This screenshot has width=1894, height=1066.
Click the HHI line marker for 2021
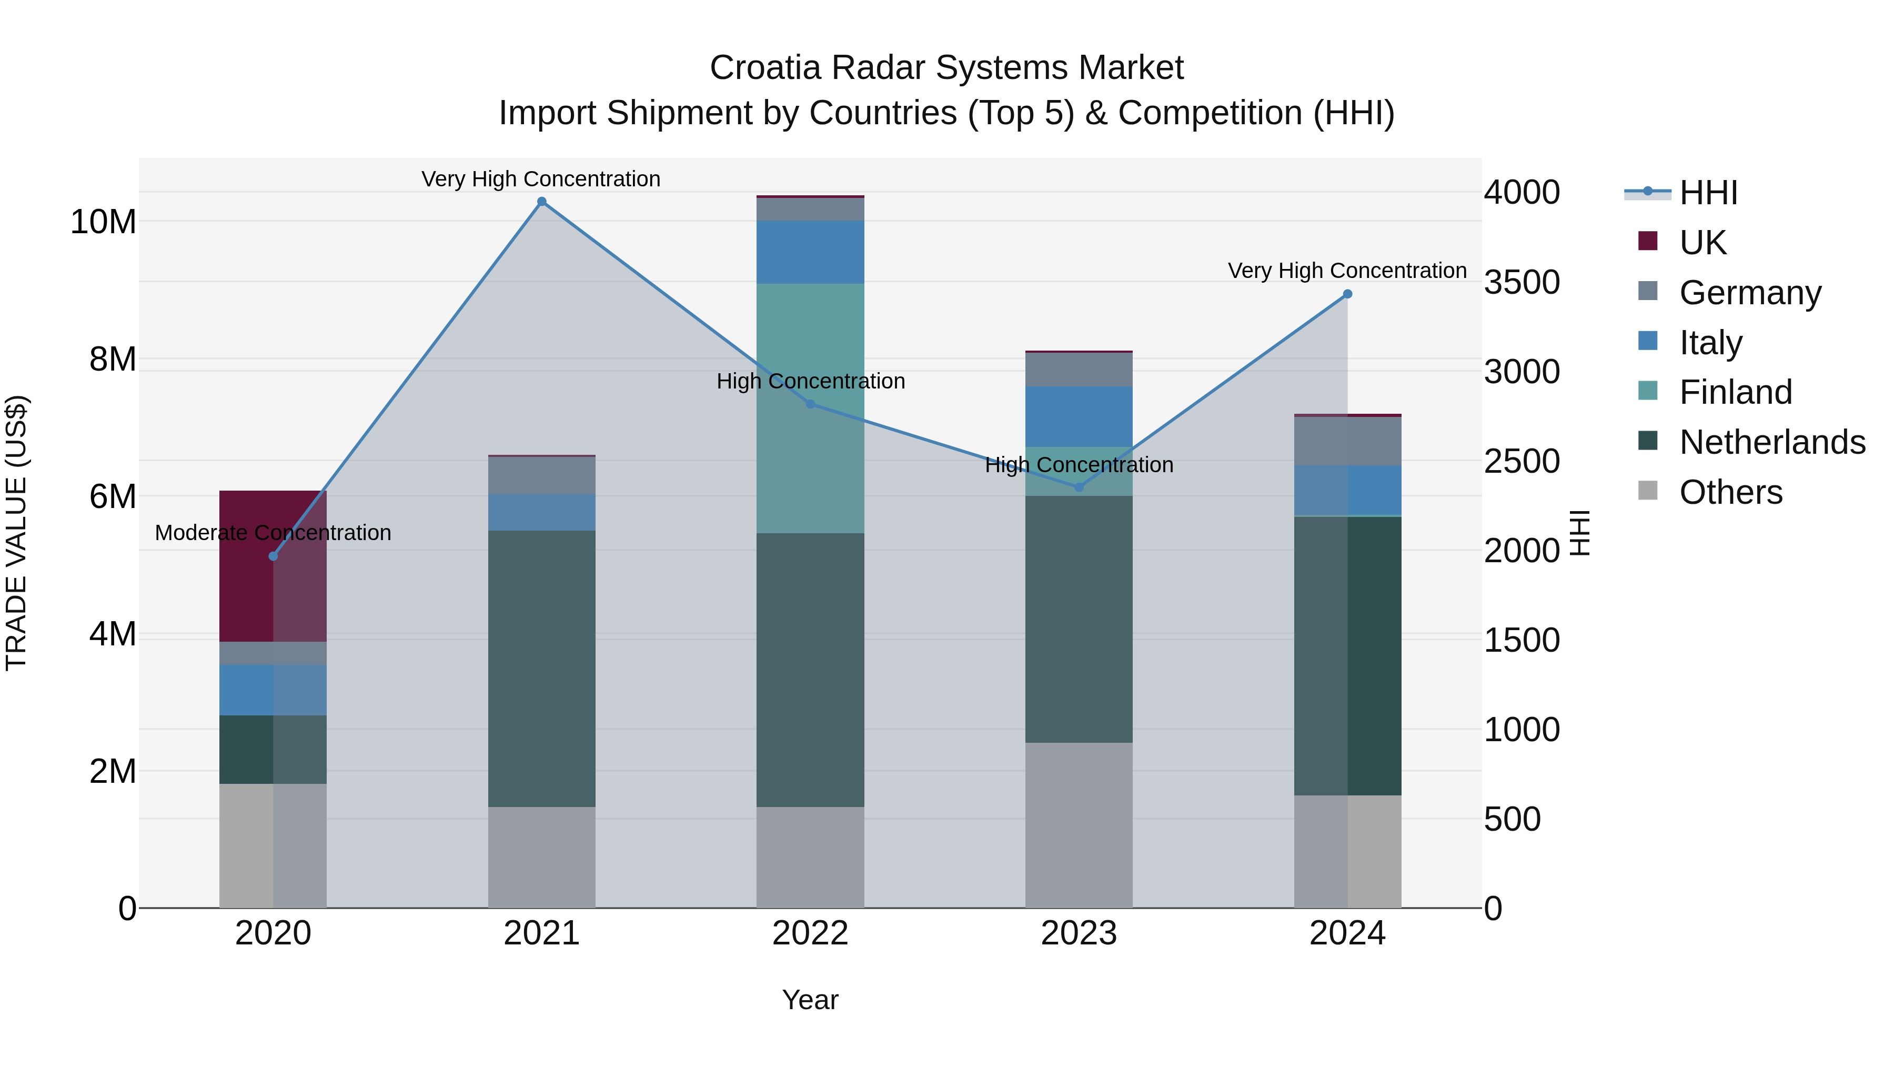tap(541, 202)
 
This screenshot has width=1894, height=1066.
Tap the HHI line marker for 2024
tap(1347, 294)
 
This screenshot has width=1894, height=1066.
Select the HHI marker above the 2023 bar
tap(1079, 487)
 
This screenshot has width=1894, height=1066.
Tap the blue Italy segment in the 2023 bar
tap(1079, 416)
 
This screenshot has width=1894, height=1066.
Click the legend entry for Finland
tap(1735, 392)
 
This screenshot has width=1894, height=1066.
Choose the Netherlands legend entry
tap(1772, 442)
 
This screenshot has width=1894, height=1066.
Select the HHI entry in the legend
tap(1708, 193)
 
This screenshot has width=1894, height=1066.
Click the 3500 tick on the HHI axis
tap(1521, 283)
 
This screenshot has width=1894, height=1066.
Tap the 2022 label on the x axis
tap(810, 933)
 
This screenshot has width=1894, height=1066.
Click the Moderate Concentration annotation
tap(273, 533)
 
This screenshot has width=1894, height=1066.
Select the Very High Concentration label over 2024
tap(1347, 271)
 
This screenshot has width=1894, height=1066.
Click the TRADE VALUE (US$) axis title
tap(16, 533)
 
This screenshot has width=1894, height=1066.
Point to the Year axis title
tap(810, 1000)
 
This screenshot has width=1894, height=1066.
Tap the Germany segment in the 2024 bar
tap(1347, 442)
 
